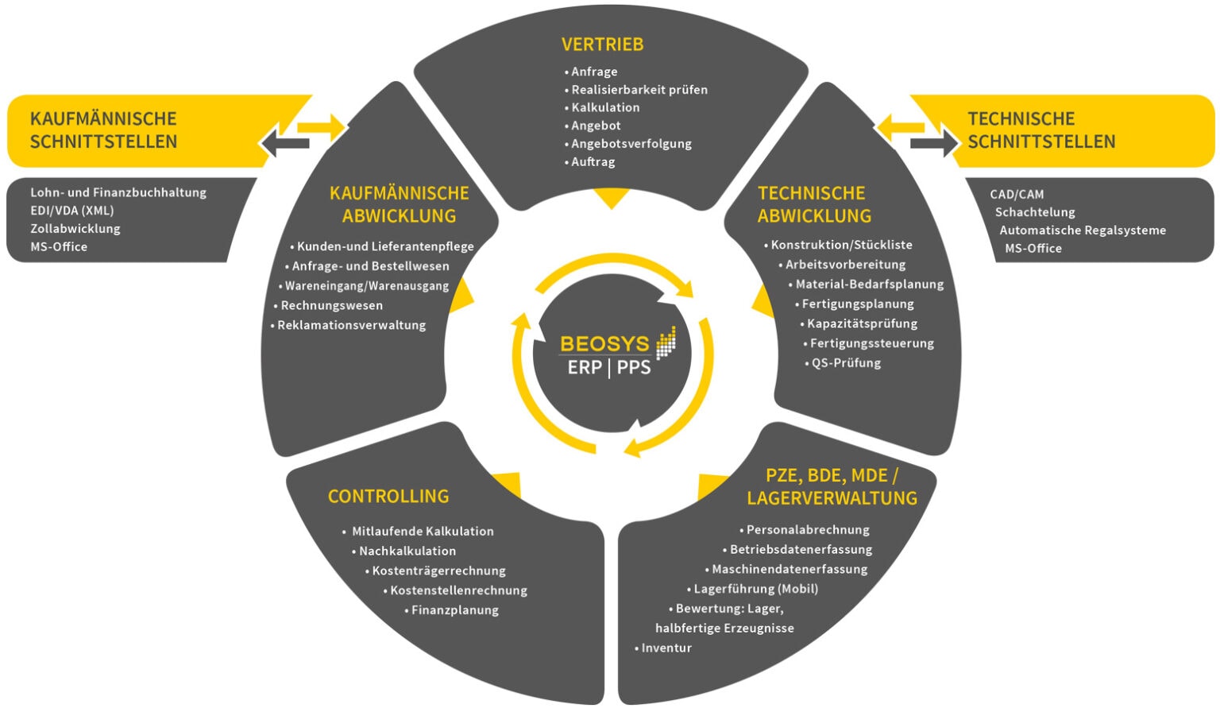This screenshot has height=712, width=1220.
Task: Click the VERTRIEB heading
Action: click(602, 44)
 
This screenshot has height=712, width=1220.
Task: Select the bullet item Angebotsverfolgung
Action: click(631, 144)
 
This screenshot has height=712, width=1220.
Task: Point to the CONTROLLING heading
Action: click(388, 497)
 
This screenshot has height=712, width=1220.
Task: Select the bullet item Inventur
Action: click(666, 648)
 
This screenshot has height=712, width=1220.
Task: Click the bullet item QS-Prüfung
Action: click(845, 363)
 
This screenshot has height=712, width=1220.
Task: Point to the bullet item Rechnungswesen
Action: click(331, 305)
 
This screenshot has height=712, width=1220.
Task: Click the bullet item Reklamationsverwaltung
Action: click(351, 325)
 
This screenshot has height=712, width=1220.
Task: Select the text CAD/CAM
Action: click(1017, 194)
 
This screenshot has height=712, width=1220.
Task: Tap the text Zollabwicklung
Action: click(75, 228)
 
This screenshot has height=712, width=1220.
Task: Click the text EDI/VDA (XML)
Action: click(72, 211)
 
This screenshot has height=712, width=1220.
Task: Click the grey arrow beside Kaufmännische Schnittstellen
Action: click(284, 144)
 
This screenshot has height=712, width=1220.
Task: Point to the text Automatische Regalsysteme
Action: click(1082, 230)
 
